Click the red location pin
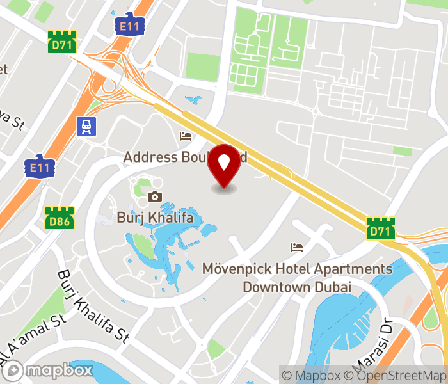coord(224,166)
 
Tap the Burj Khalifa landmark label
coord(155,217)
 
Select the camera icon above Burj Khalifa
coord(155,196)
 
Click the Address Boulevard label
coord(170,157)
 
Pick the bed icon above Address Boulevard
coord(186,136)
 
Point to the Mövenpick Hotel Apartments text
coord(297,269)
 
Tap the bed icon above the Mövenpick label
coord(296,247)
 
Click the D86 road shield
coord(60,218)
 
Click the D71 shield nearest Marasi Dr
coord(381,228)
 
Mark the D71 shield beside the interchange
coord(62,43)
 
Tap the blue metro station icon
coord(86,127)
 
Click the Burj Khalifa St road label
coord(93,305)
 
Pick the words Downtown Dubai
coord(297,287)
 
